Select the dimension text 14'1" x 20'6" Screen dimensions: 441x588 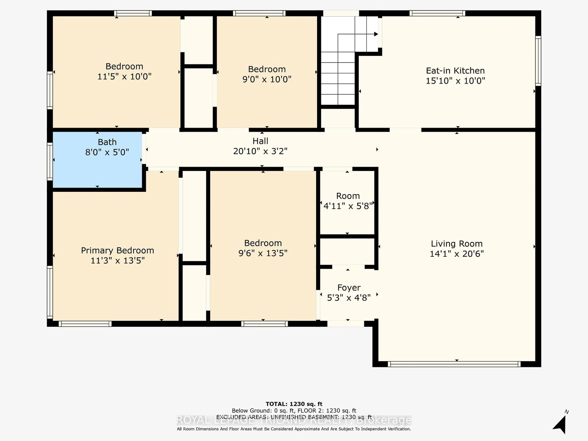pyautogui.click(x=456, y=254)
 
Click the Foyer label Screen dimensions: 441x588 pyautogui.click(x=349, y=288)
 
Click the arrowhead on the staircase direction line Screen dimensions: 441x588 pyautogui.click(x=376, y=34)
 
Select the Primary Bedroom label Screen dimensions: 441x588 pyautogui.click(x=117, y=250)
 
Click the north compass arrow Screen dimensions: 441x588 pyautogui.click(x=560, y=424)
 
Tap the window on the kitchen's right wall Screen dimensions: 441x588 pyautogui.click(x=538, y=61)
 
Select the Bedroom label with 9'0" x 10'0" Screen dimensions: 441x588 pyautogui.click(x=267, y=69)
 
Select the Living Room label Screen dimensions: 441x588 pyautogui.click(x=456, y=243)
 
